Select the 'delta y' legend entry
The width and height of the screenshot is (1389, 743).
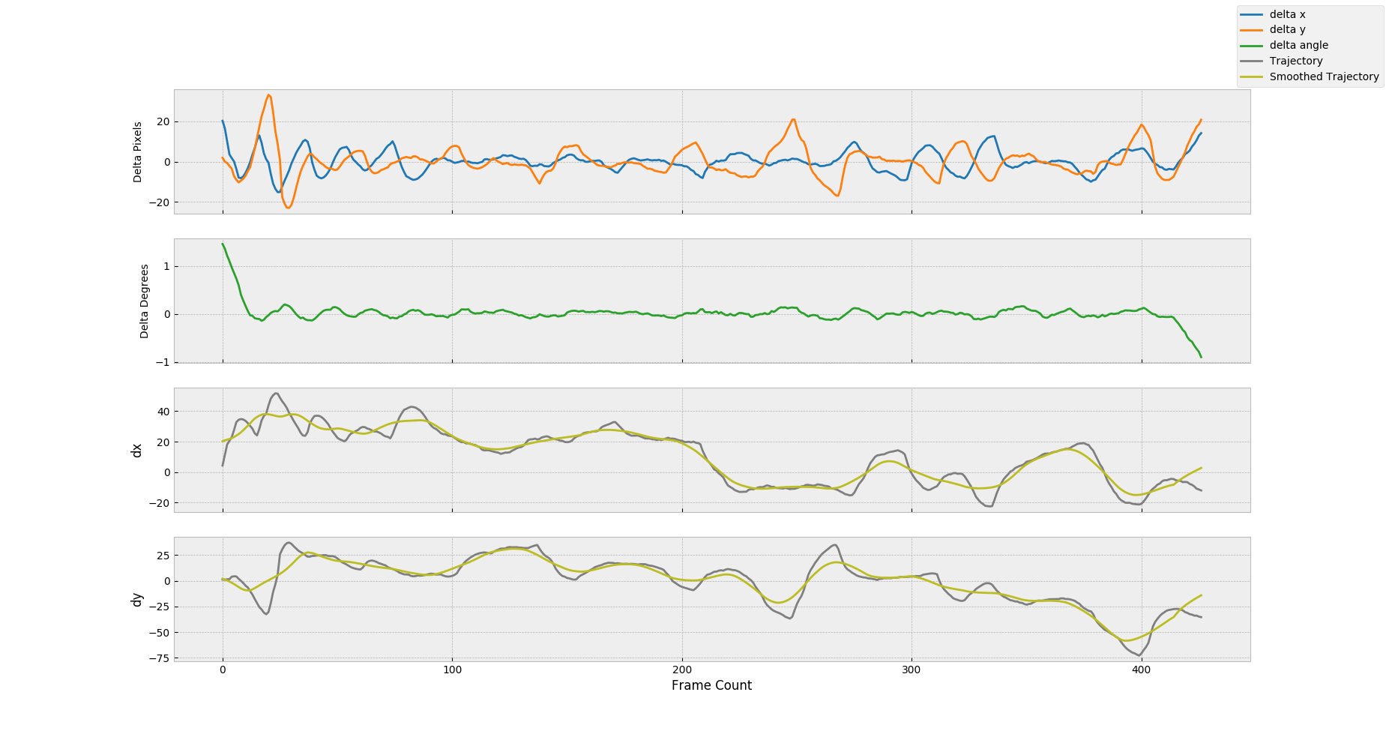(x=1287, y=30)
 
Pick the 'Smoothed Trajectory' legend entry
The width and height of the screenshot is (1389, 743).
(x=1324, y=77)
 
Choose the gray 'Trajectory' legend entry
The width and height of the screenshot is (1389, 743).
(x=1295, y=61)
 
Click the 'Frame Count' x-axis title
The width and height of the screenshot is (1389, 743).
(x=711, y=685)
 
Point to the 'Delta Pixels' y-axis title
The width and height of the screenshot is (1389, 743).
(x=138, y=152)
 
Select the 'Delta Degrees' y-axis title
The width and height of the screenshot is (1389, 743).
(x=145, y=301)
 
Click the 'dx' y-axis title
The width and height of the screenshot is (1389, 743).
(x=136, y=450)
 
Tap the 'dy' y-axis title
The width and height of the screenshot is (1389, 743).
(x=136, y=599)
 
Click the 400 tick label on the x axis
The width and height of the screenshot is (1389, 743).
(x=1141, y=670)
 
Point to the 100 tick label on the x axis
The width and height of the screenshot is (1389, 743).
(x=452, y=670)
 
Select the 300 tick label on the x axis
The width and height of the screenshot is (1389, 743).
(x=912, y=670)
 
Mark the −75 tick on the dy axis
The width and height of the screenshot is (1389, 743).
(x=159, y=658)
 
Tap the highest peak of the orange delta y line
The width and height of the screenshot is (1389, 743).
(x=268, y=95)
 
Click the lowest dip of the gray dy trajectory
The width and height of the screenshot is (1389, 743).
(x=1139, y=656)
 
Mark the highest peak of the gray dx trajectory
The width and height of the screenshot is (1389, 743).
(x=276, y=393)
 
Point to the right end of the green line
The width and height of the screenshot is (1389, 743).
(x=1202, y=357)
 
